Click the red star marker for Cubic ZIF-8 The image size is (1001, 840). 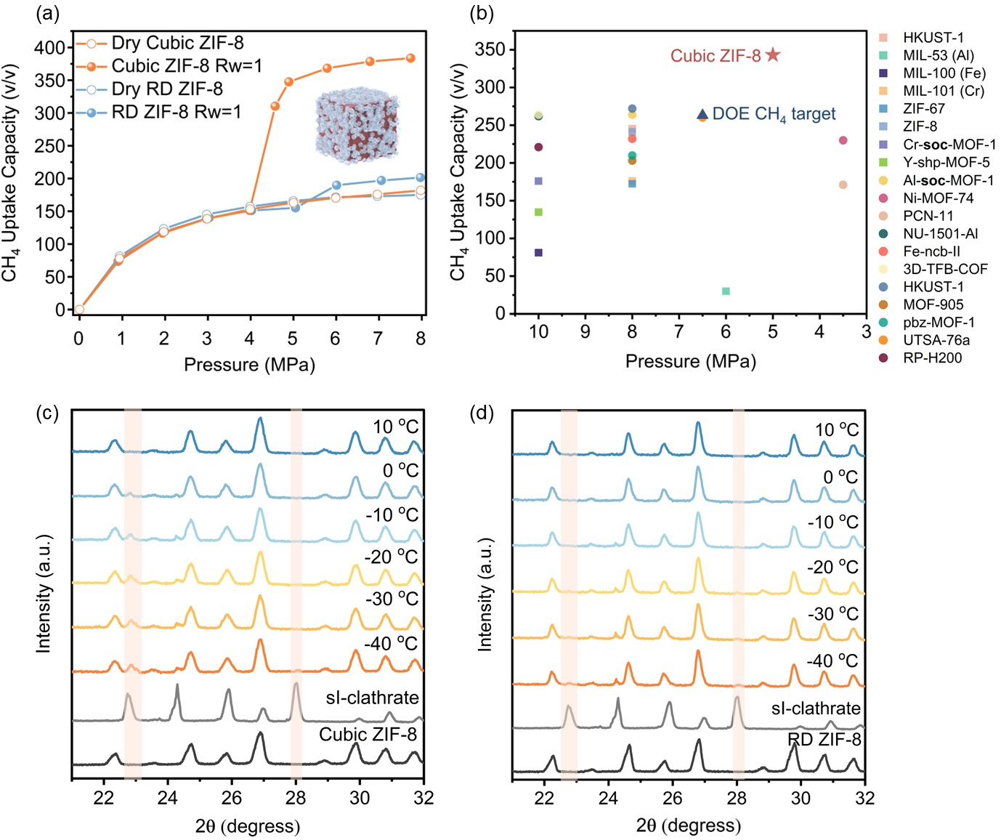pyautogui.click(x=773, y=55)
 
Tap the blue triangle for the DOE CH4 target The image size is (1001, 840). pyautogui.click(x=702, y=114)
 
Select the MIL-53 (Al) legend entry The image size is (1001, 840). pyautogui.click(x=938, y=55)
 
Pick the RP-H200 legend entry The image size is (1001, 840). pyautogui.click(x=932, y=358)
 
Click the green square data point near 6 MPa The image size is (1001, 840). pyautogui.click(x=726, y=291)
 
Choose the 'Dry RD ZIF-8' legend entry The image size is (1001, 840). pyautogui.click(x=167, y=89)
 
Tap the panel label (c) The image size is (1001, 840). pyautogui.click(x=47, y=413)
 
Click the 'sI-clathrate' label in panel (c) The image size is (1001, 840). pyautogui.click(x=372, y=698)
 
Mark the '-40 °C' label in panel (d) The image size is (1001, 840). pyautogui.click(x=832, y=661)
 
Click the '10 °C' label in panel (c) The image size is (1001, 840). pyautogui.click(x=395, y=427)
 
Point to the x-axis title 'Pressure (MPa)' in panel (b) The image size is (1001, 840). pyautogui.click(x=690, y=361)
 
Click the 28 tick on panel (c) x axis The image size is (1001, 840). pyautogui.click(x=296, y=798)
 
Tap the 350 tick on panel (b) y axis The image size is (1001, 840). pyautogui.click(x=490, y=49)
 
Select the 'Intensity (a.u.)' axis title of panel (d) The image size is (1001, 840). pyautogui.click(x=485, y=594)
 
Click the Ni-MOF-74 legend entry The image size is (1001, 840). pyautogui.click(x=938, y=198)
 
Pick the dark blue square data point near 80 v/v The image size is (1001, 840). pyautogui.click(x=538, y=253)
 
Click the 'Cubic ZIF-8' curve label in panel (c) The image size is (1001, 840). pyautogui.click(x=368, y=735)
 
